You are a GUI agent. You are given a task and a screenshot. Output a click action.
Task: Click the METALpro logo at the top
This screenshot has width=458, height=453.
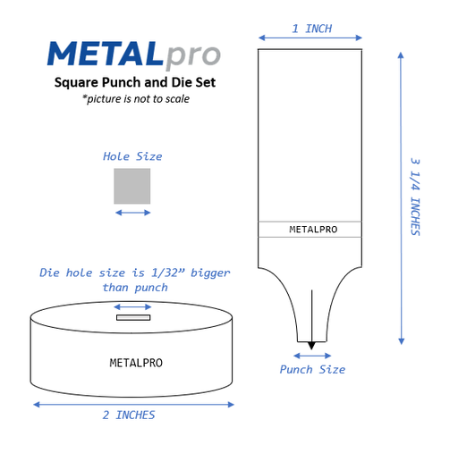pyautogui.click(x=134, y=55)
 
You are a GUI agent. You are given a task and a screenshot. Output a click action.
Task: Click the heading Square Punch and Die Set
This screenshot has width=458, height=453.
pyautogui.click(x=135, y=82)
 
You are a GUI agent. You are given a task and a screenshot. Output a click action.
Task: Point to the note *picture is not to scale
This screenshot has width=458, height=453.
pyautogui.click(x=136, y=99)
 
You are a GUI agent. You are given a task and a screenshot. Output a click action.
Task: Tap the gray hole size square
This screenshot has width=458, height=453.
pyautogui.click(x=132, y=186)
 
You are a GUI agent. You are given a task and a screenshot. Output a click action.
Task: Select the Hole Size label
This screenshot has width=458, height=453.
pyautogui.click(x=132, y=156)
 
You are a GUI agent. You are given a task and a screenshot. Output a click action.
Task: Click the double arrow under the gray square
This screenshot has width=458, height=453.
pyautogui.click(x=132, y=213)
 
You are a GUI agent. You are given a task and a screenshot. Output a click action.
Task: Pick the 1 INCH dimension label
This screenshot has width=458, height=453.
pyautogui.click(x=312, y=29)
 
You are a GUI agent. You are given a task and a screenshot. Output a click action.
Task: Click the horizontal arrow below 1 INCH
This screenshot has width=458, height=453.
pyautogui.click(x=310, y=38)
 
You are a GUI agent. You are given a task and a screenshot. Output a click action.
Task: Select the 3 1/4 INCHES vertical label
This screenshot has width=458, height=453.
pyautogui.click(x=415, y=197)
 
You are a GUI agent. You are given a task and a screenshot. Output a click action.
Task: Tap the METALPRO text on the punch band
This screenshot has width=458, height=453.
pyautogui.click(x=313, y=230)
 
